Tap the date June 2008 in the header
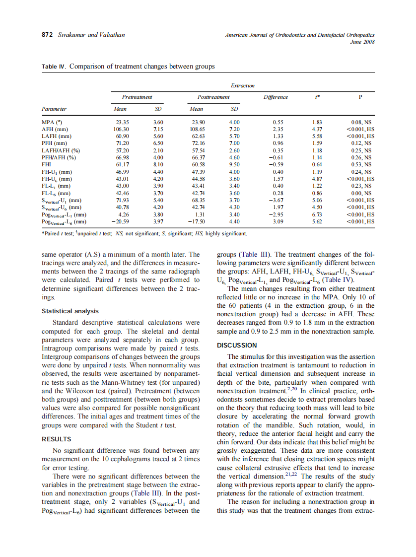pyautogui.click(x=362, y=42)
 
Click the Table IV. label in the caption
pyautogui.click(x=54, y=66)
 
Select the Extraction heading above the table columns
pyautogui.click(x=242, y=85)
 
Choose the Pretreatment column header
pyautogui.click(x=137, y=97)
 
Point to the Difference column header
pyautogui.click(x=276, y=97)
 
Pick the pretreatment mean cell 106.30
pyautogui.click(x=121, y=129)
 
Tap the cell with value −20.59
pyautogui.click(x=120, y=221)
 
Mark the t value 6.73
pyautogui.click(x=317, y=214)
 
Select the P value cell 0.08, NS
pyautogui.click(x=358, y=122)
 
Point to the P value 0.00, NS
pyautogui.click(x=358, y=193)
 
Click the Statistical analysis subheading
pyautogui.click(x=69, y=311)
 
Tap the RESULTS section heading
pyautogui.click(x=56, y=439)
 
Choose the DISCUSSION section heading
pyautogui.click(x=237, y=345)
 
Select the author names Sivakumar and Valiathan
pyautogui.click(x=91, y=35)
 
